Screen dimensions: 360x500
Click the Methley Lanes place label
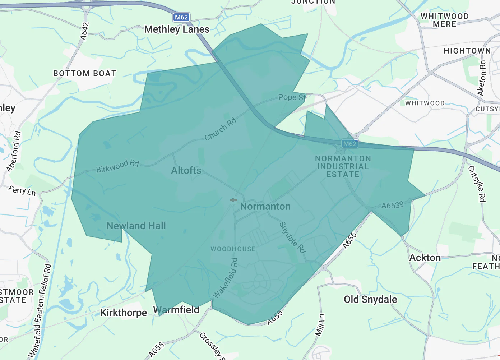[177, 29]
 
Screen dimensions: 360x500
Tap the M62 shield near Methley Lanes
[181, 17]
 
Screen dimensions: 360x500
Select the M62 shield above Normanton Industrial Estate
[349, 144]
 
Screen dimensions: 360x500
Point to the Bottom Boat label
[85, 73]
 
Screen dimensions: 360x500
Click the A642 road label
[84, 31]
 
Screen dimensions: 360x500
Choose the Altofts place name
[186, 170]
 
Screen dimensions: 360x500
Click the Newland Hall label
[136, 226]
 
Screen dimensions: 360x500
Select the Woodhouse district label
[233, 249]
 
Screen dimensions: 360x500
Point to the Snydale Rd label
[292, 237]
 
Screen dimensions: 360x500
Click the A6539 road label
[392, 205]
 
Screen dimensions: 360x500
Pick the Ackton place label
[425, 258]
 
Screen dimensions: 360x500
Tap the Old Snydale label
[370, 299]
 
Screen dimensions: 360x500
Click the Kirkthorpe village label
[124, 313]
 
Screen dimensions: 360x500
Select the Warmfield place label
[176, 310]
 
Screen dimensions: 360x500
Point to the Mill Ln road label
[320, 325]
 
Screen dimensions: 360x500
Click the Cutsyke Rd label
[477, 184]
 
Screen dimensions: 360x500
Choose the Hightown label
[467, 51]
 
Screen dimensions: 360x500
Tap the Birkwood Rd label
[117, 166]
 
